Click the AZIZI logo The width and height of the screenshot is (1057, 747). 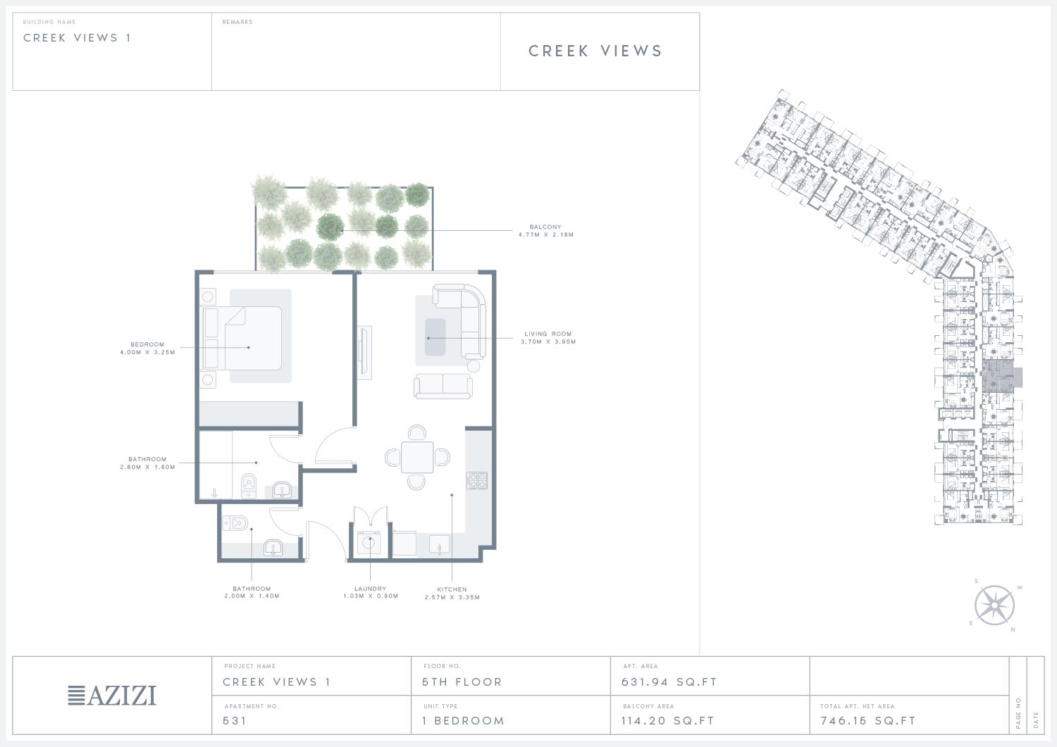(112, 695)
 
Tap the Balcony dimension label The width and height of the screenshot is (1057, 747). (546, 231)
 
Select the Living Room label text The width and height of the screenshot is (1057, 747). (548, 338)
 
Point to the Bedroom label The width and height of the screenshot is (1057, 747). (148, 348)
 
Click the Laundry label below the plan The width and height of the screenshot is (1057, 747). (371, 592)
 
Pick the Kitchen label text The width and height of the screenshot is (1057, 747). (452, 594)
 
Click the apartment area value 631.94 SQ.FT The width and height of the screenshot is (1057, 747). (669, 682)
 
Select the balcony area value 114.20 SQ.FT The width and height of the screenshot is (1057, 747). (668, 720)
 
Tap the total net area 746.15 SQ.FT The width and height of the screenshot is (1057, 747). (868, 720)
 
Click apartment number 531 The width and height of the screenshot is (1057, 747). (235, 720)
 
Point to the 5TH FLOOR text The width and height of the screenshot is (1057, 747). (462, 682)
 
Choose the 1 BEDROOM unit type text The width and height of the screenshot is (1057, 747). (464, 720)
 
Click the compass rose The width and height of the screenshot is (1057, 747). (994, 605)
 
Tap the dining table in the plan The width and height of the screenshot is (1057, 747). (417, 457)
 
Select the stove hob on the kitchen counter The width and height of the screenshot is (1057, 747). (477, 480)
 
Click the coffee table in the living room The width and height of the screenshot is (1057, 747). (435, 337)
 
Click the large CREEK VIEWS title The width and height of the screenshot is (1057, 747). (595, 51)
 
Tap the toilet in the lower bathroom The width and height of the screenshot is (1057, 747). (235, 523)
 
